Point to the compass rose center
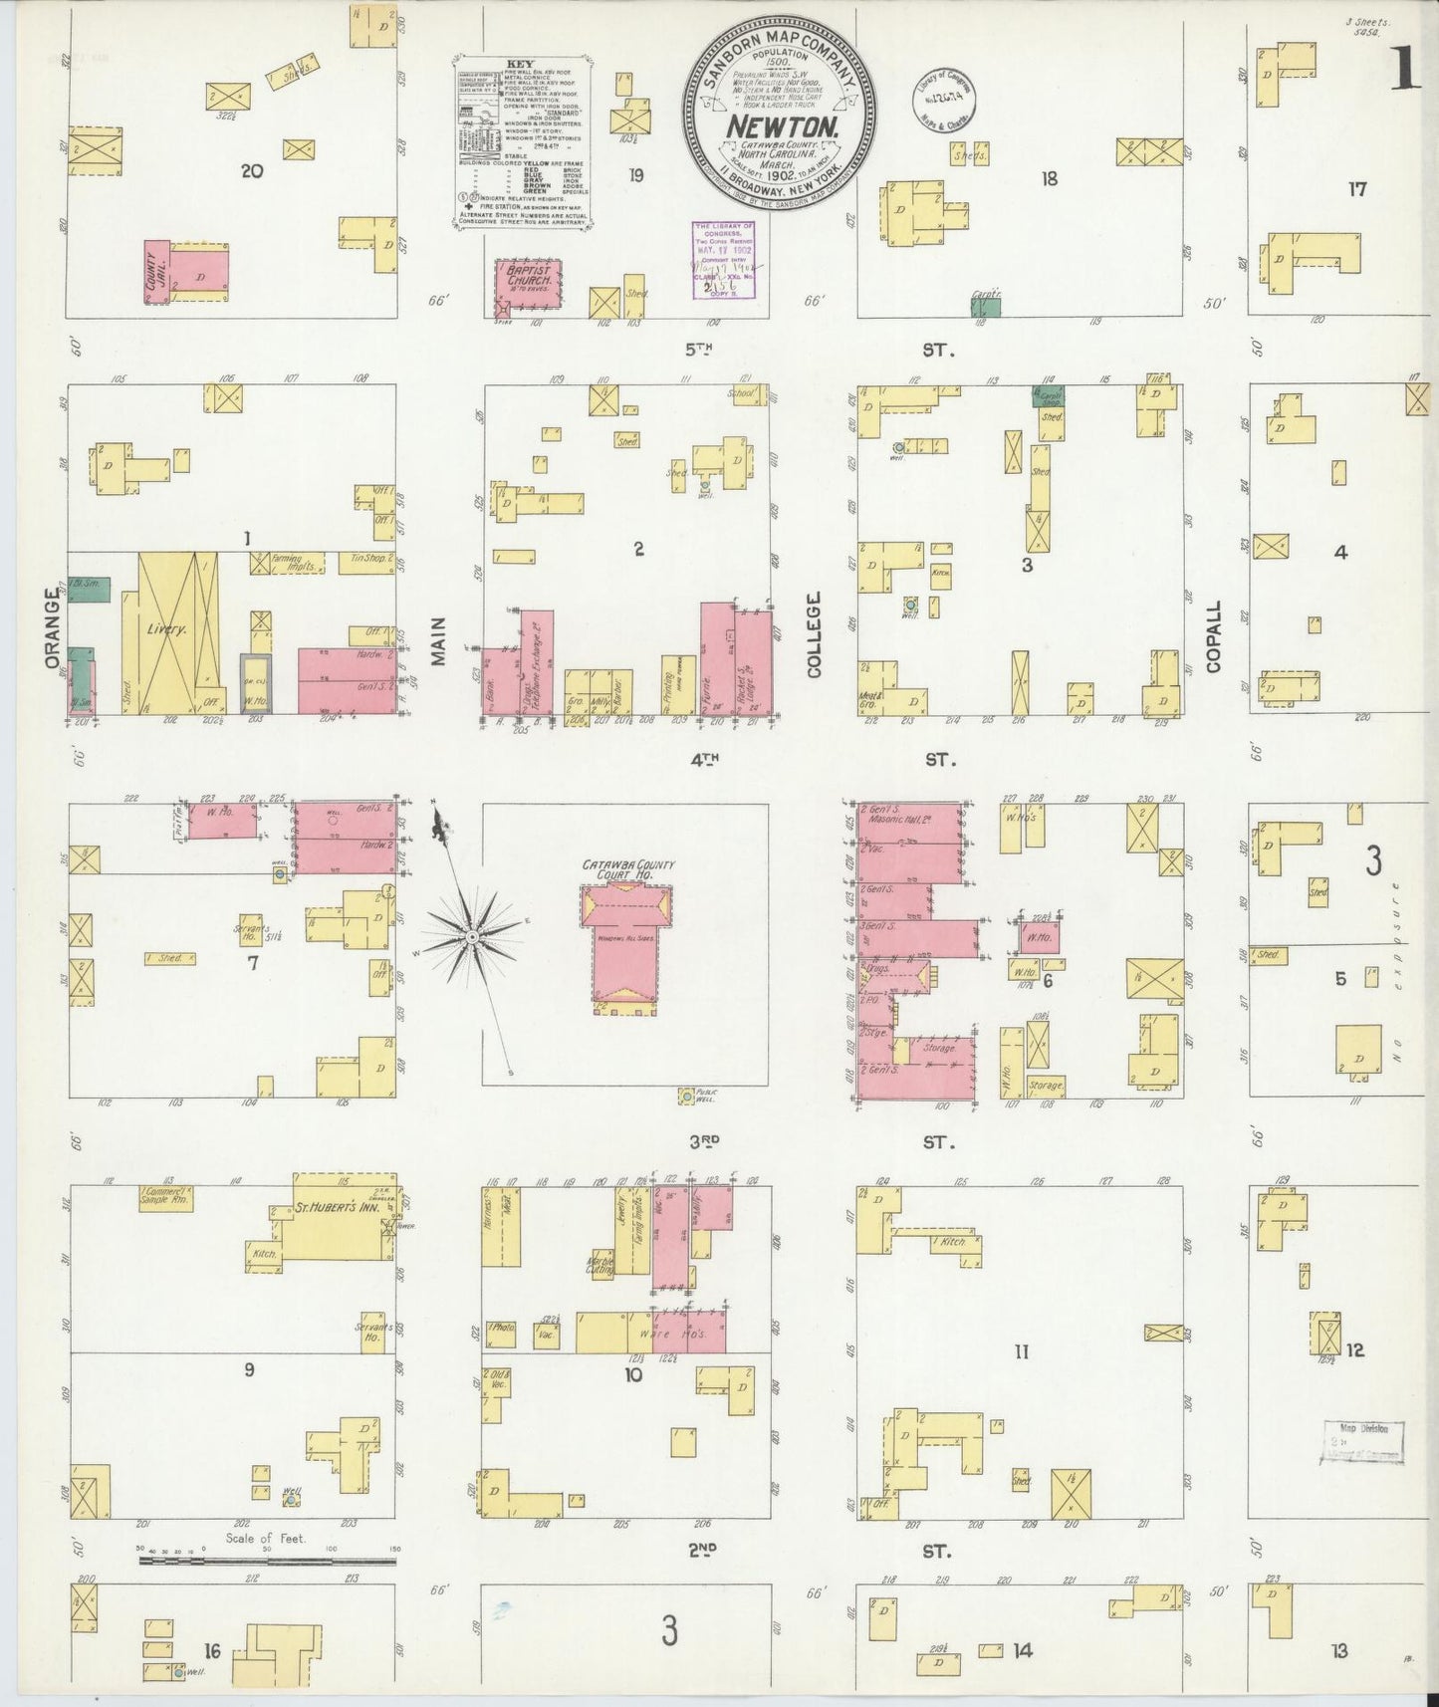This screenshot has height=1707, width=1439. tap(470, 936)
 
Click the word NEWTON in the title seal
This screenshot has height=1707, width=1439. tap(780, 127)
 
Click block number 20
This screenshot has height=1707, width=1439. tap(252, 171)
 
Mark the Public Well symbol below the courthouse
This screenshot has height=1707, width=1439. tap(686, 1097)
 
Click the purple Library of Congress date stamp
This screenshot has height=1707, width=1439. tap(723, 259)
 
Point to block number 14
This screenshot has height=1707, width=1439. tap(1022, 1650)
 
